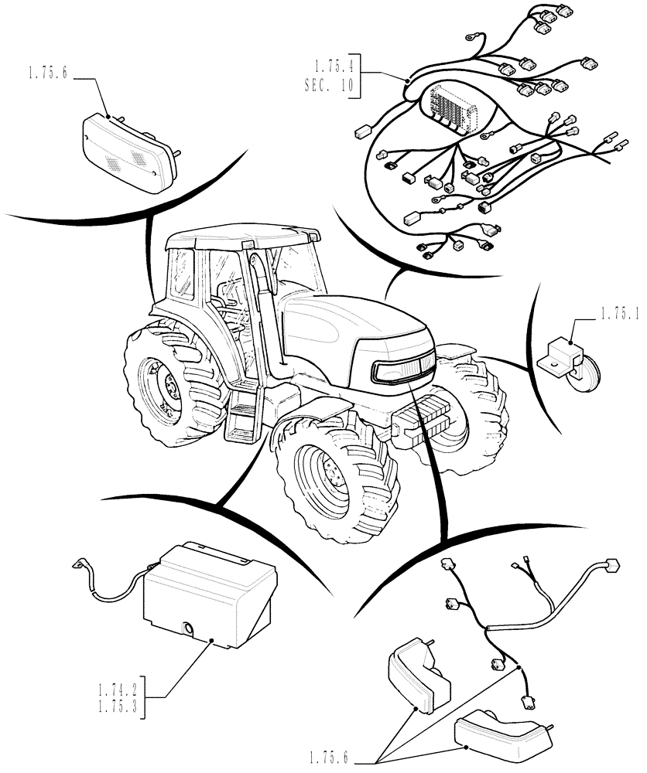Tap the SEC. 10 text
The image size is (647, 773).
330,87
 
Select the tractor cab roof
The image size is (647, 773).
244,233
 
